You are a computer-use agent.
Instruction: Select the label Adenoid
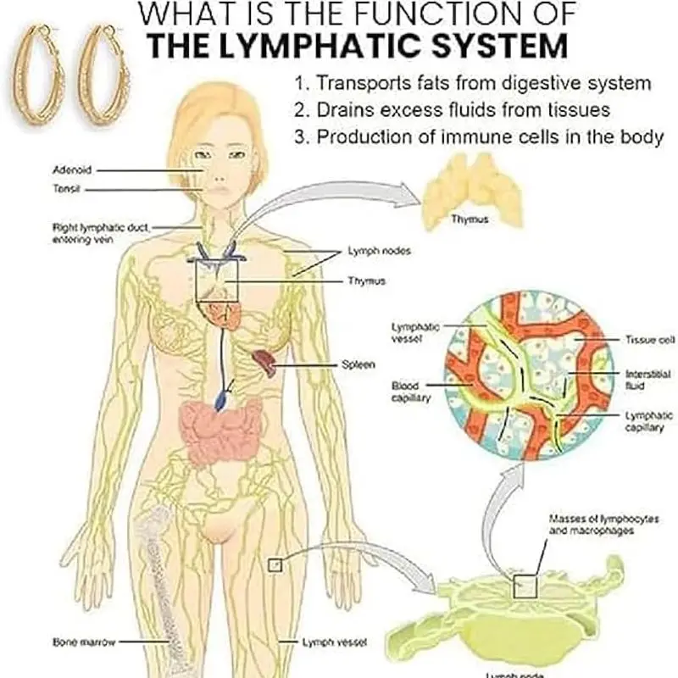[x=69, y=169]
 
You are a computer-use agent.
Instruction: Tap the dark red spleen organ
[x=265, y=362]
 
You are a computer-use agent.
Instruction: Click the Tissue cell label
[x=650, y=339]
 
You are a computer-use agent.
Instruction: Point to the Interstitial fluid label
[x=648, y=379]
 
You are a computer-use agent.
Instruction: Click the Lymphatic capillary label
[x=648, y=420]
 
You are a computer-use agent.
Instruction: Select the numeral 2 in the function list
[x=298, y=110]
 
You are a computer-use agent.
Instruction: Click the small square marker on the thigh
[x=274, y=564]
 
